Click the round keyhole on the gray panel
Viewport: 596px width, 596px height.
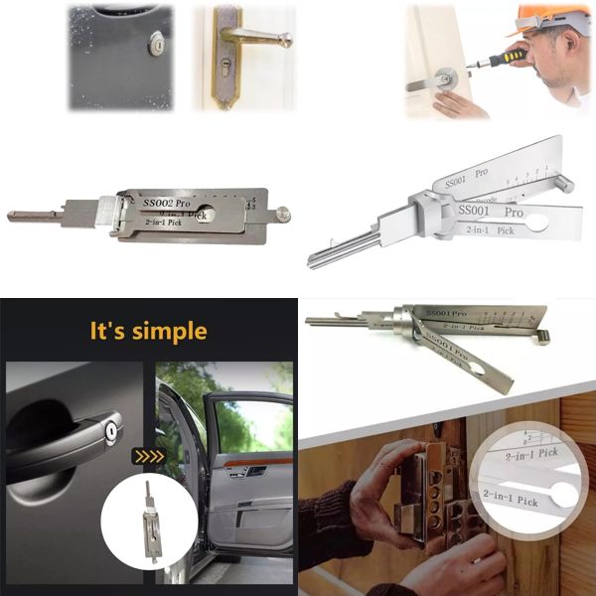(155, 43)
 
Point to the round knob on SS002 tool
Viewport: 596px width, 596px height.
(283, 213)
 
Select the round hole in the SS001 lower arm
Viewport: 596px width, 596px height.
(535, 223)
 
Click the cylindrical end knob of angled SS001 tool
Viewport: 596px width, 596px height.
(542, 336)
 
